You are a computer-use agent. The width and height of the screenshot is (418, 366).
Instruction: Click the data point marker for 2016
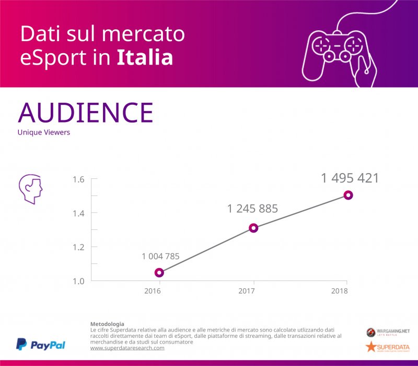159,273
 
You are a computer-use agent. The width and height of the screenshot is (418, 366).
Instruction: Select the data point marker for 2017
253,228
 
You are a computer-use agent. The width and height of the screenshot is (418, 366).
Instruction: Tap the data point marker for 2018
348,195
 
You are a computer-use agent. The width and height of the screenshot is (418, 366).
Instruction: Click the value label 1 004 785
160,256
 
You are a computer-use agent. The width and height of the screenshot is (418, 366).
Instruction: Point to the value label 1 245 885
252,209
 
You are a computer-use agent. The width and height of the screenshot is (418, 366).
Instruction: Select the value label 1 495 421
350,178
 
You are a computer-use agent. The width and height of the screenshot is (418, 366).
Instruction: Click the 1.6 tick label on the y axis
78,179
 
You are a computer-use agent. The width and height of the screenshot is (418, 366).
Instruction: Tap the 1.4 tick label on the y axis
78,213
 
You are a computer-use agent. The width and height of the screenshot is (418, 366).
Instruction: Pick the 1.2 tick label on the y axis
78,247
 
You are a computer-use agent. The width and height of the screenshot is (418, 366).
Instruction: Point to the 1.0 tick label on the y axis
78,280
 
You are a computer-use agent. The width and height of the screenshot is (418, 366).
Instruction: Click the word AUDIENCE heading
85,112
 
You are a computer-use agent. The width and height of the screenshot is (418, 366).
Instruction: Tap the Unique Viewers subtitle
43,132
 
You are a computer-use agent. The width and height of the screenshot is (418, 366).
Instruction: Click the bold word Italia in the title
144,58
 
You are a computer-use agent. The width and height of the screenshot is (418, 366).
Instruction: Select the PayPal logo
41,345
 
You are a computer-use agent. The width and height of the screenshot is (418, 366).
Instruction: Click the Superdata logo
387,347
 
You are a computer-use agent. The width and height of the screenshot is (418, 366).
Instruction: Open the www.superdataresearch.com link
127,348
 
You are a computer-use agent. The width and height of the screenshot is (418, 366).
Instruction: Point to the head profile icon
30,188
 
